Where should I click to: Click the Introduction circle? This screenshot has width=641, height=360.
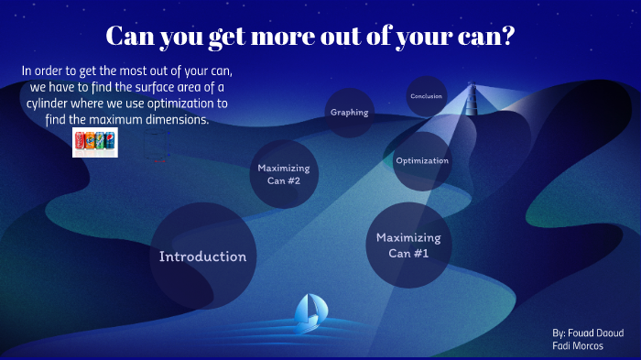[202, 256]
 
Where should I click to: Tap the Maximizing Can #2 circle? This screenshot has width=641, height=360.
[283, 174]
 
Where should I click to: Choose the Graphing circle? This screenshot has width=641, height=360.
[349, 113]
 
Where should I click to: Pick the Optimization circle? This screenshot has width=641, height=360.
[422, 161]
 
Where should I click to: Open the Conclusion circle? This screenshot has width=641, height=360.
[426, 96]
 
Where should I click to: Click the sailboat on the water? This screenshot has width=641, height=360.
[309, 313]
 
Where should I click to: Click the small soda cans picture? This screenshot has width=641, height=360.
[94, 142]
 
